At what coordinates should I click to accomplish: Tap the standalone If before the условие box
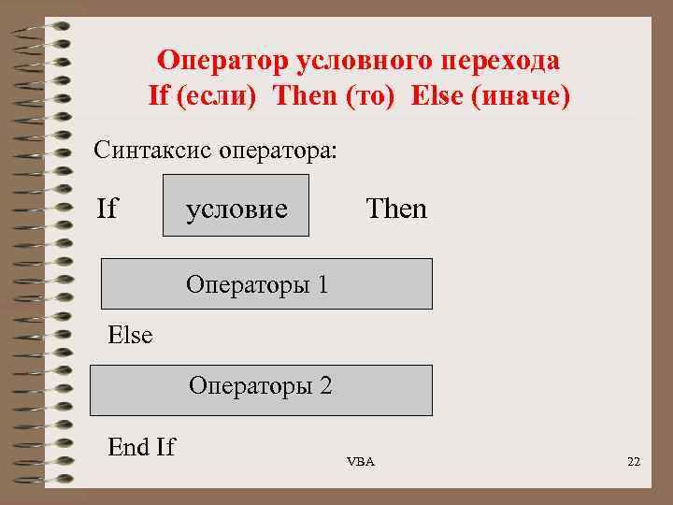(107, 209)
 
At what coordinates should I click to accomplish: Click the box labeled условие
(236, 209)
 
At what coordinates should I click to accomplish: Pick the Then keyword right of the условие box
(396, 209)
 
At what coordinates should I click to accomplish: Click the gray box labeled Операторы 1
(266, 283)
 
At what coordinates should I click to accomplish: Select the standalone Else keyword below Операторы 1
(130, 335)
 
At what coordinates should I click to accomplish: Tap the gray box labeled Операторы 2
(261, 390)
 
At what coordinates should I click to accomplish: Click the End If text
(141, 447)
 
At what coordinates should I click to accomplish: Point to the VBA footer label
(360, 462)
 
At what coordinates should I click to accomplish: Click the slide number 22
(634, 462)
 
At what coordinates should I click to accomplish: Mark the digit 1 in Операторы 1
(322, 283)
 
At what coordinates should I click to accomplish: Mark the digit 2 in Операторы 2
(325, 385)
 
